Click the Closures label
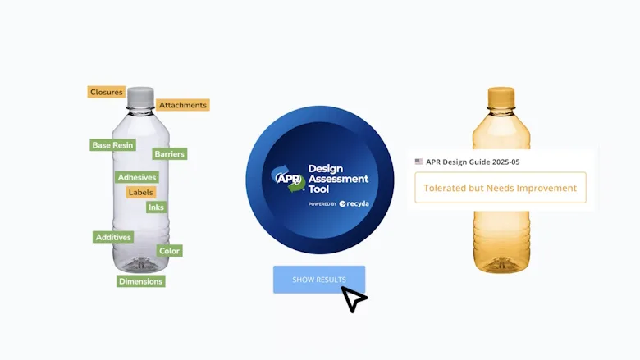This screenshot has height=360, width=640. click(x=106, y=92)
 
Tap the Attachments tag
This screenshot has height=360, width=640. click(x=182, y=105)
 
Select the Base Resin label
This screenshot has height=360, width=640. click(x=112, y=144)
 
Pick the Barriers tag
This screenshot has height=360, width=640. click(x=169, y=153)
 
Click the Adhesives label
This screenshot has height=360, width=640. click(x=137, y=177)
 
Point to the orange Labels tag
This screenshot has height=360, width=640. click(x=141, y=192)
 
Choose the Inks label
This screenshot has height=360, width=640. click(x=156, y=207)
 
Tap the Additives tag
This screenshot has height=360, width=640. click(x=113, y=237)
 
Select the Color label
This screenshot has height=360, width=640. click(x=169, y=250)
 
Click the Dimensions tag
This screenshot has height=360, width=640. click(x=141, y=281)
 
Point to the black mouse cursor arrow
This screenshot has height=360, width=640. click(x=354, y=298)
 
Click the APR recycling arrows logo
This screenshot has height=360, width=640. click(x=288, y=178)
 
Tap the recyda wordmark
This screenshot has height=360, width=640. click(x=354, y=203)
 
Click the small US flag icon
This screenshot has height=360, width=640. click(x=418, y=162)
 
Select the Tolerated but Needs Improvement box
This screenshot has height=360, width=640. click(x=501, y=188)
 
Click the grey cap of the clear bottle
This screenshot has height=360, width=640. click(x=140, y=97)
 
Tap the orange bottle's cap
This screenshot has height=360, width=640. click(x=501, y=97)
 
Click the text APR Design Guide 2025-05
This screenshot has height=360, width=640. click(x=473, y=162)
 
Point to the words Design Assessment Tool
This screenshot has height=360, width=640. click(x=338, y=179)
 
